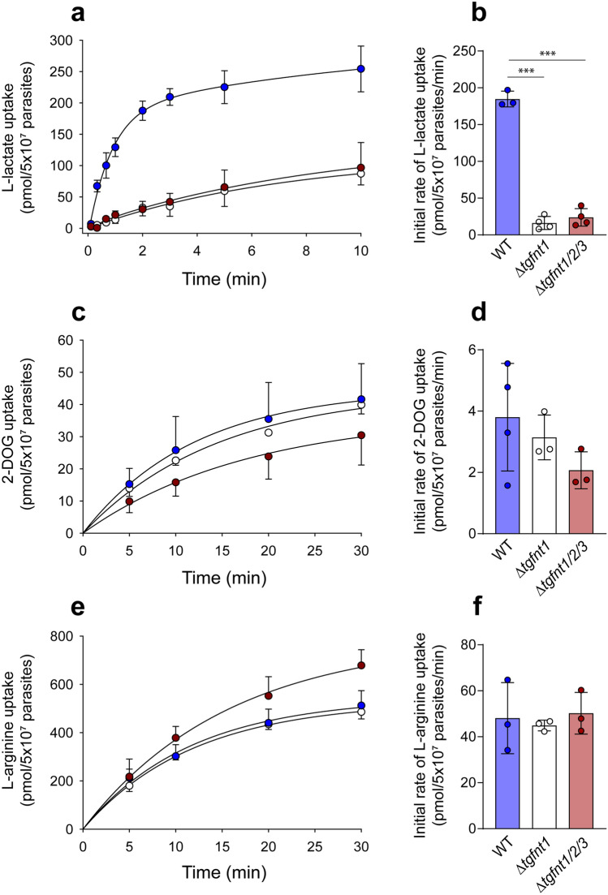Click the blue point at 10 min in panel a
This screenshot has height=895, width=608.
click(x=382, y=69)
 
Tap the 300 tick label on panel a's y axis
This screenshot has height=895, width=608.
click(x=62, y=39)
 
